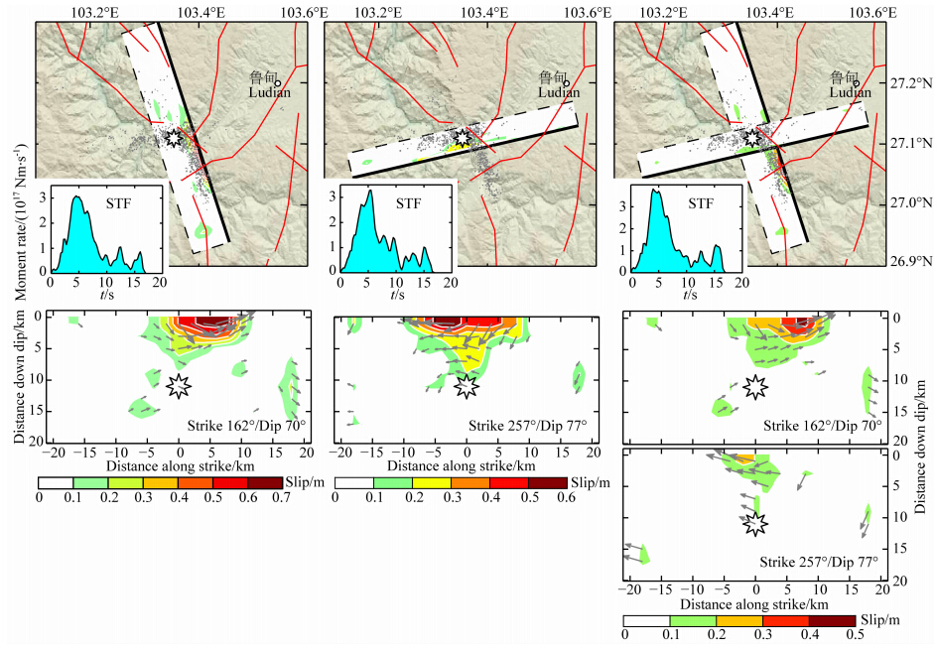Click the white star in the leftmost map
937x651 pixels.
coord(175,138)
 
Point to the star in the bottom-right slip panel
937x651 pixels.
coord(755,521)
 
